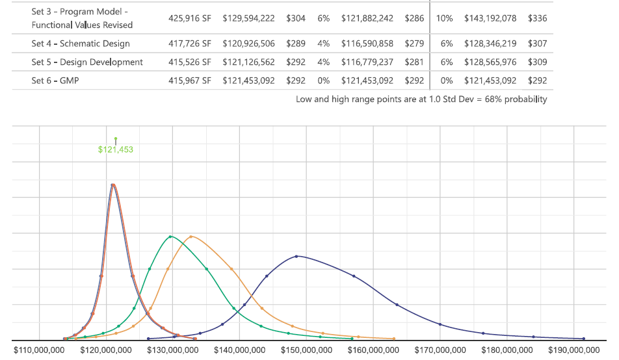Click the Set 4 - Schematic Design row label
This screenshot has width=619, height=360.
click(x=81, y=44)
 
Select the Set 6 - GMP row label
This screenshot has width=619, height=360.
click(x=55, y=81)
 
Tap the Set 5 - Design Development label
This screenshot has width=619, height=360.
click(x=87, y=62)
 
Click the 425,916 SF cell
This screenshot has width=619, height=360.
click(x=189, y=18)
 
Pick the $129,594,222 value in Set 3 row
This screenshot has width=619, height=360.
click(x=248, y=18)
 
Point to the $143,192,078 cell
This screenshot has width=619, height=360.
click(x=490, y=18)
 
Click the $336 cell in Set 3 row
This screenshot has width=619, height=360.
click(x=537, y=18)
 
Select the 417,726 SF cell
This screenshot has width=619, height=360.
click(x=189, y=44)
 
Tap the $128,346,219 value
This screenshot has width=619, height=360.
click(x=490, y=44)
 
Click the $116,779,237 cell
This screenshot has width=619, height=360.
click(x=367, y=62)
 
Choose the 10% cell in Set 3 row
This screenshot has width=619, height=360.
click(x=444, y=18)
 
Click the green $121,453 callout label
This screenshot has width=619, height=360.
click(x=116, y=149)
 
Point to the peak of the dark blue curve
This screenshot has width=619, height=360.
click(x=296, y=256)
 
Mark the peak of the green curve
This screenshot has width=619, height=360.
click(x=170, y=237)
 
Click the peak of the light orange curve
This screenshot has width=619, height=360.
click(x=191, y=237)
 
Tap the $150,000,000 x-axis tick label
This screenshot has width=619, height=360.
click(x=306, y=350)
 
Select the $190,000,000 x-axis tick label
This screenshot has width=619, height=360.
click(x=574, y=350)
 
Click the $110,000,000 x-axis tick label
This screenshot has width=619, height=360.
click(x=39, y=350)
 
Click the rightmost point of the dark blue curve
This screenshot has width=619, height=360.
click(x=584, y=339)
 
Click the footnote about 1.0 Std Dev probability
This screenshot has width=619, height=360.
click(x=421, y=99)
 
